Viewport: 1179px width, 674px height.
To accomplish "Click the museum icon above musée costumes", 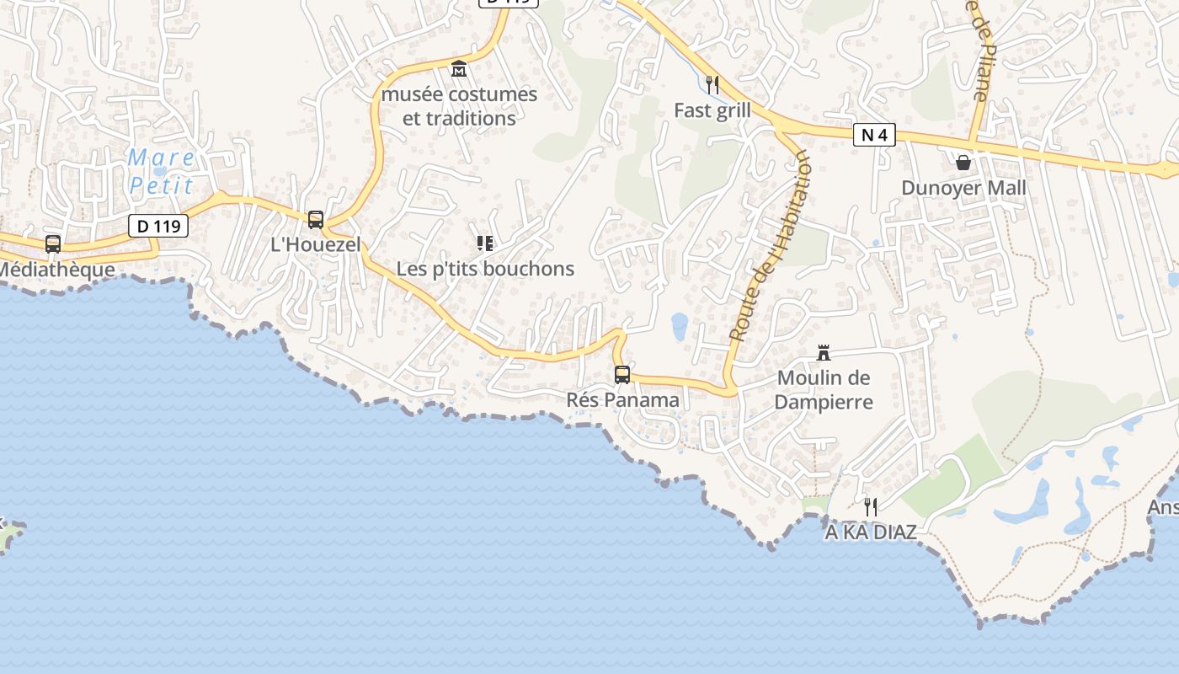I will pos(459,69).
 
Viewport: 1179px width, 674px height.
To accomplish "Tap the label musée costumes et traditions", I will pos(459,106).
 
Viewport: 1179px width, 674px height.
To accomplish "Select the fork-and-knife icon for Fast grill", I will pos(712,84).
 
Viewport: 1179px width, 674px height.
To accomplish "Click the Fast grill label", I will pos(712,110).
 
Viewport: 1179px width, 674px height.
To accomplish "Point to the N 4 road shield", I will pos(873,135).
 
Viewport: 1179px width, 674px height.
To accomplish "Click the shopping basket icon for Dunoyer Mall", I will pos(963,162).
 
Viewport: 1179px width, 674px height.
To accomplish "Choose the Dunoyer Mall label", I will pos(963,187).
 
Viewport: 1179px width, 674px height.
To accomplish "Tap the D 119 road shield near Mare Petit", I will pos(158,226).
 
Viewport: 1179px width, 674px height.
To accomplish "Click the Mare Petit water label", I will pos(162,171).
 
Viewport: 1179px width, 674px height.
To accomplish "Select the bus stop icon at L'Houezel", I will pos(316,220).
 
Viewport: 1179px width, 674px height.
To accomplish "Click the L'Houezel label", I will pos(315,245).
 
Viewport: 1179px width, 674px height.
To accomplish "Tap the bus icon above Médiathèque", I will pos(53,244).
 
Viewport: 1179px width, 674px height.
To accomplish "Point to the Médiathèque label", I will pos(56,270).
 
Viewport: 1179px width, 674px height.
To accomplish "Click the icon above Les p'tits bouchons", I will pos(484,243).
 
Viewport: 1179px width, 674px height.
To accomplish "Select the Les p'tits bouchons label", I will pos(485,269).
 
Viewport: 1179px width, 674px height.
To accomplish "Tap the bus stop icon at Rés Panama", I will pos(622,375).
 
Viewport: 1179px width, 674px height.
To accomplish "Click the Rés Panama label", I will pos(622,400).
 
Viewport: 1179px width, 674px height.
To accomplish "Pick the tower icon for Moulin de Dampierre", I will pos(824,353).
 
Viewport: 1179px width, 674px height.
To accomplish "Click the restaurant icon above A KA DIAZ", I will pos(871,507).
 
